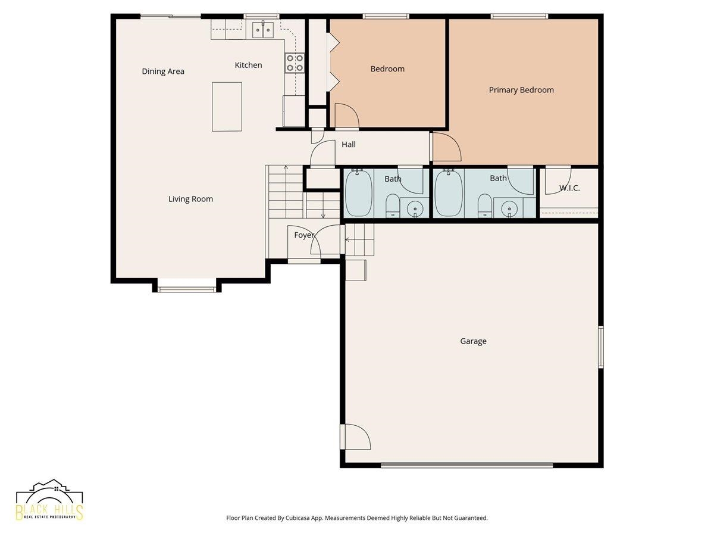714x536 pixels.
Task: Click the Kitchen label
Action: tap(248, 65)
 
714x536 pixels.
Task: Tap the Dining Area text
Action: tap(163, 71)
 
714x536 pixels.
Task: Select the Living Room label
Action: tap(190, 199)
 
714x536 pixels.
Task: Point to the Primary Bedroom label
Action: tap(521, 90)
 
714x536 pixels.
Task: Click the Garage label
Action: tap(473, 341)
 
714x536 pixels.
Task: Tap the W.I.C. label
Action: tap(569, 188)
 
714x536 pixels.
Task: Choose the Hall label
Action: tap(349, 145)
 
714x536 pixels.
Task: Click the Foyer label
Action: tap(304, 235)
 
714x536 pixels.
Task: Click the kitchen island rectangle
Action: tap(227, 107)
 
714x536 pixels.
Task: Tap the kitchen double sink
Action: tap(262, 30)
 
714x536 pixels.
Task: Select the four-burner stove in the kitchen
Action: tap(295, 63)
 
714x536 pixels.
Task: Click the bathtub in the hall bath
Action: tap(358, 194)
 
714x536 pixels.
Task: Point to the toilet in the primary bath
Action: tap(485, 205)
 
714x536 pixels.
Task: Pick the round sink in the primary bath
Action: tap(509, 208)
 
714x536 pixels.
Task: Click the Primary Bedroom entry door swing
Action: tap(447, 147)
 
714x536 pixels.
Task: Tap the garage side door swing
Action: tap(356, 437)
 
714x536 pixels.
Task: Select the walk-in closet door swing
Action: tap(558, 180)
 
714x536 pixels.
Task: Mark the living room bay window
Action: tap(187, 289)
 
